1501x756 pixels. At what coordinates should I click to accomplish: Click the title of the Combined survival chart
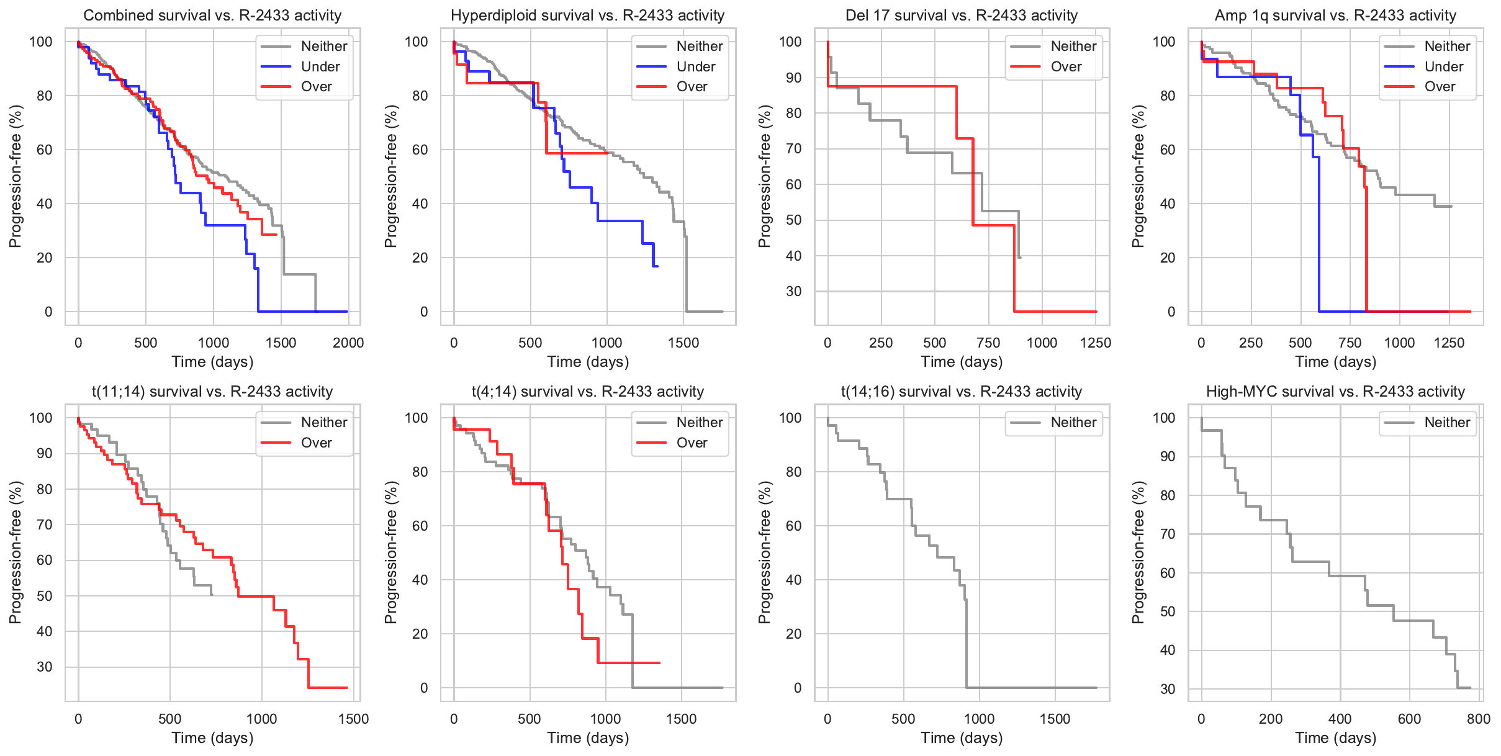tap(212, 16)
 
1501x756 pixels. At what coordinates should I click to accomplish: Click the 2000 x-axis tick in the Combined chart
tap(348, 343)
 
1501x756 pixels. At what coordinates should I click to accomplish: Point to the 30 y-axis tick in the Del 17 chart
tap(793, 291)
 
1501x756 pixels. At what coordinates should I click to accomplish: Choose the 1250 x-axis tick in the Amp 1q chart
tap(1449, 343)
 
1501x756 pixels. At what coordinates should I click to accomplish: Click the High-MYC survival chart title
tap(1335, 392)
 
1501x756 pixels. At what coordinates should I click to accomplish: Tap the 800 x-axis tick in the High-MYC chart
tap(1479, 719)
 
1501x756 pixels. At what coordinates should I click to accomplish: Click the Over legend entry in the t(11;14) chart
tap(316, 443)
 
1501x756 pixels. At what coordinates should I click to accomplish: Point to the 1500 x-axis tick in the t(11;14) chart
tap(353, 719)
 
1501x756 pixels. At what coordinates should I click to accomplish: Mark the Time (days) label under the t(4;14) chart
tap(588, 738)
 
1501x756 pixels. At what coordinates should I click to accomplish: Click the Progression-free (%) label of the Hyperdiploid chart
tap(390, 176)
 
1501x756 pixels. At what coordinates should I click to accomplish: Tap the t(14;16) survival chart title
tap(961, 392)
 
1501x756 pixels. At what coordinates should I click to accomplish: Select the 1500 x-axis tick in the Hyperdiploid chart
tap(683, 343)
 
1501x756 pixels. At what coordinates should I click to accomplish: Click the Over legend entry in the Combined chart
tap(316, 86)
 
